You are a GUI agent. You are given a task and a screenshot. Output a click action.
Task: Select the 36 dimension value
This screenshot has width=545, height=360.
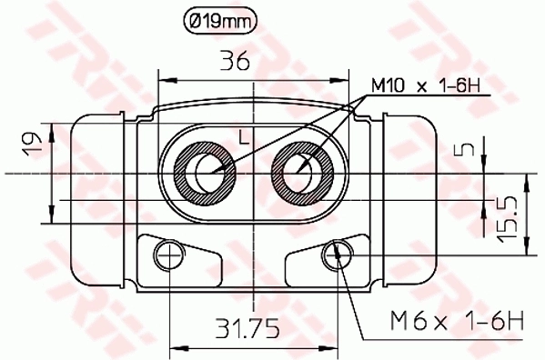[236, 61]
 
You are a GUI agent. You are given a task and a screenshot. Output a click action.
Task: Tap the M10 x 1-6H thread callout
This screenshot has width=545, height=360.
[424, 87]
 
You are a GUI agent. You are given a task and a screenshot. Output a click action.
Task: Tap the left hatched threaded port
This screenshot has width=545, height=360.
[203, 172]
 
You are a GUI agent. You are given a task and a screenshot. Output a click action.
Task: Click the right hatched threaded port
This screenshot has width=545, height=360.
[301, 172]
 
